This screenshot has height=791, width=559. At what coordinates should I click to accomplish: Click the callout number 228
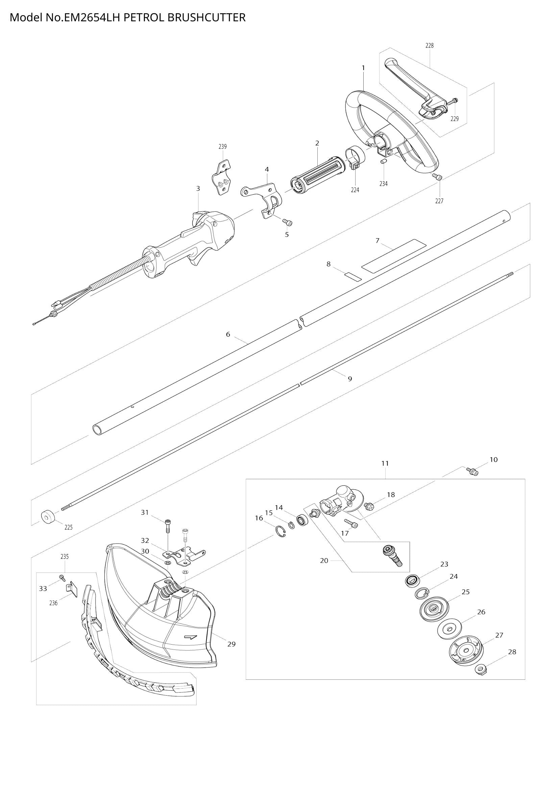pos(429,45)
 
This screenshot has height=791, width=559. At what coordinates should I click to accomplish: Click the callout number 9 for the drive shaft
pos(350,379)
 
